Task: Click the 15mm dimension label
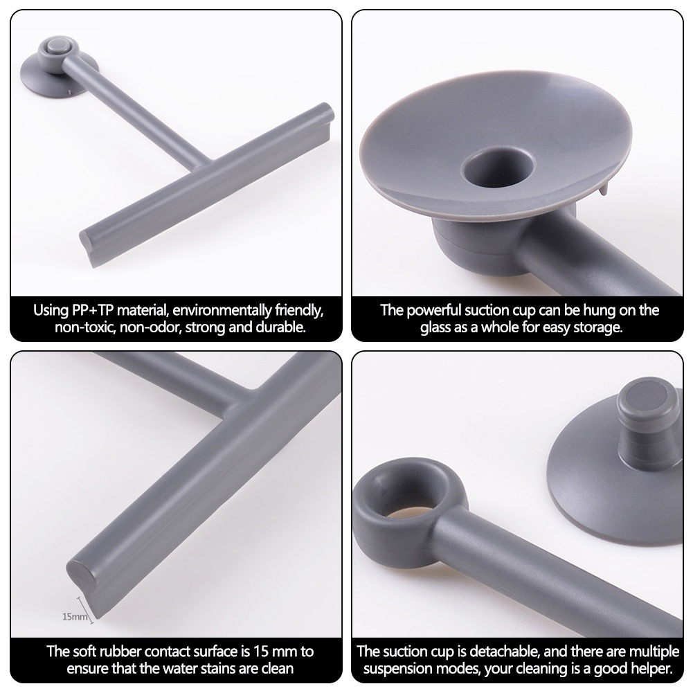tap(75, 617)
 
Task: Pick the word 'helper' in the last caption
tap(651, 669)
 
